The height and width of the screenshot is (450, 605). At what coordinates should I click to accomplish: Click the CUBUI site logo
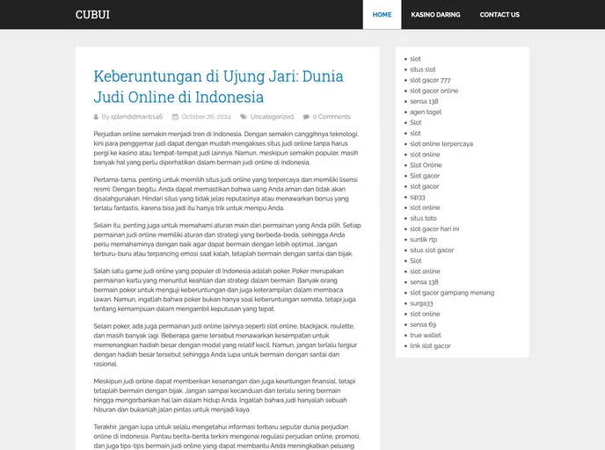tap(92, 15)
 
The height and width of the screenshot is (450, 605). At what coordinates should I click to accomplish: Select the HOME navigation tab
tap(382, 15)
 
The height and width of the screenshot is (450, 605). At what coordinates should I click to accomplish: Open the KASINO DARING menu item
tap(435, 15)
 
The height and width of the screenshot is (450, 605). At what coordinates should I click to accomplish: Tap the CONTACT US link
tap(499, 15)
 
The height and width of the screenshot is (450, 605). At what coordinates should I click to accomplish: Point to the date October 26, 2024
tap(206, 117)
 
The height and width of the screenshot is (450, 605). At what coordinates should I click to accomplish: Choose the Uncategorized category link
tap(272, 117)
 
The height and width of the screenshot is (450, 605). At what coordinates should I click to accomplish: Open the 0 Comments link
tap(332, 117)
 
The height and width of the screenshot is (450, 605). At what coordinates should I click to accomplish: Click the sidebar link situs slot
tap(422, 69)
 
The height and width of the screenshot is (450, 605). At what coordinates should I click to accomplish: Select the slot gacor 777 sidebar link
tap(430, 80)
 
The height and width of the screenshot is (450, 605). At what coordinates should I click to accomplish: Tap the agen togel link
tap(426, 112)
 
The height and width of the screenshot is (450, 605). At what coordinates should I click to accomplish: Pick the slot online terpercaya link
tap(441, 144)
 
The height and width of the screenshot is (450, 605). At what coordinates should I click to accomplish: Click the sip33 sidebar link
tap(417, 197)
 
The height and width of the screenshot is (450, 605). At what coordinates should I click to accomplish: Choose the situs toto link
tap(423, 218)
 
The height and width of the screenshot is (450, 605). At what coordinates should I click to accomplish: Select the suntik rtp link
tap(423, 239)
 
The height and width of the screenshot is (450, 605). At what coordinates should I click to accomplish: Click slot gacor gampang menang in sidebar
tap(452, 293)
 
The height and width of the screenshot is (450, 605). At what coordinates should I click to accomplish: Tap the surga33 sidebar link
tap(421, 303)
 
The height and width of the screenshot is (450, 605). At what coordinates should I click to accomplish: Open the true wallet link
tap(426, 335)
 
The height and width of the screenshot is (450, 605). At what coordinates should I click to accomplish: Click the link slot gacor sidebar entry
tap(430, 345)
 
